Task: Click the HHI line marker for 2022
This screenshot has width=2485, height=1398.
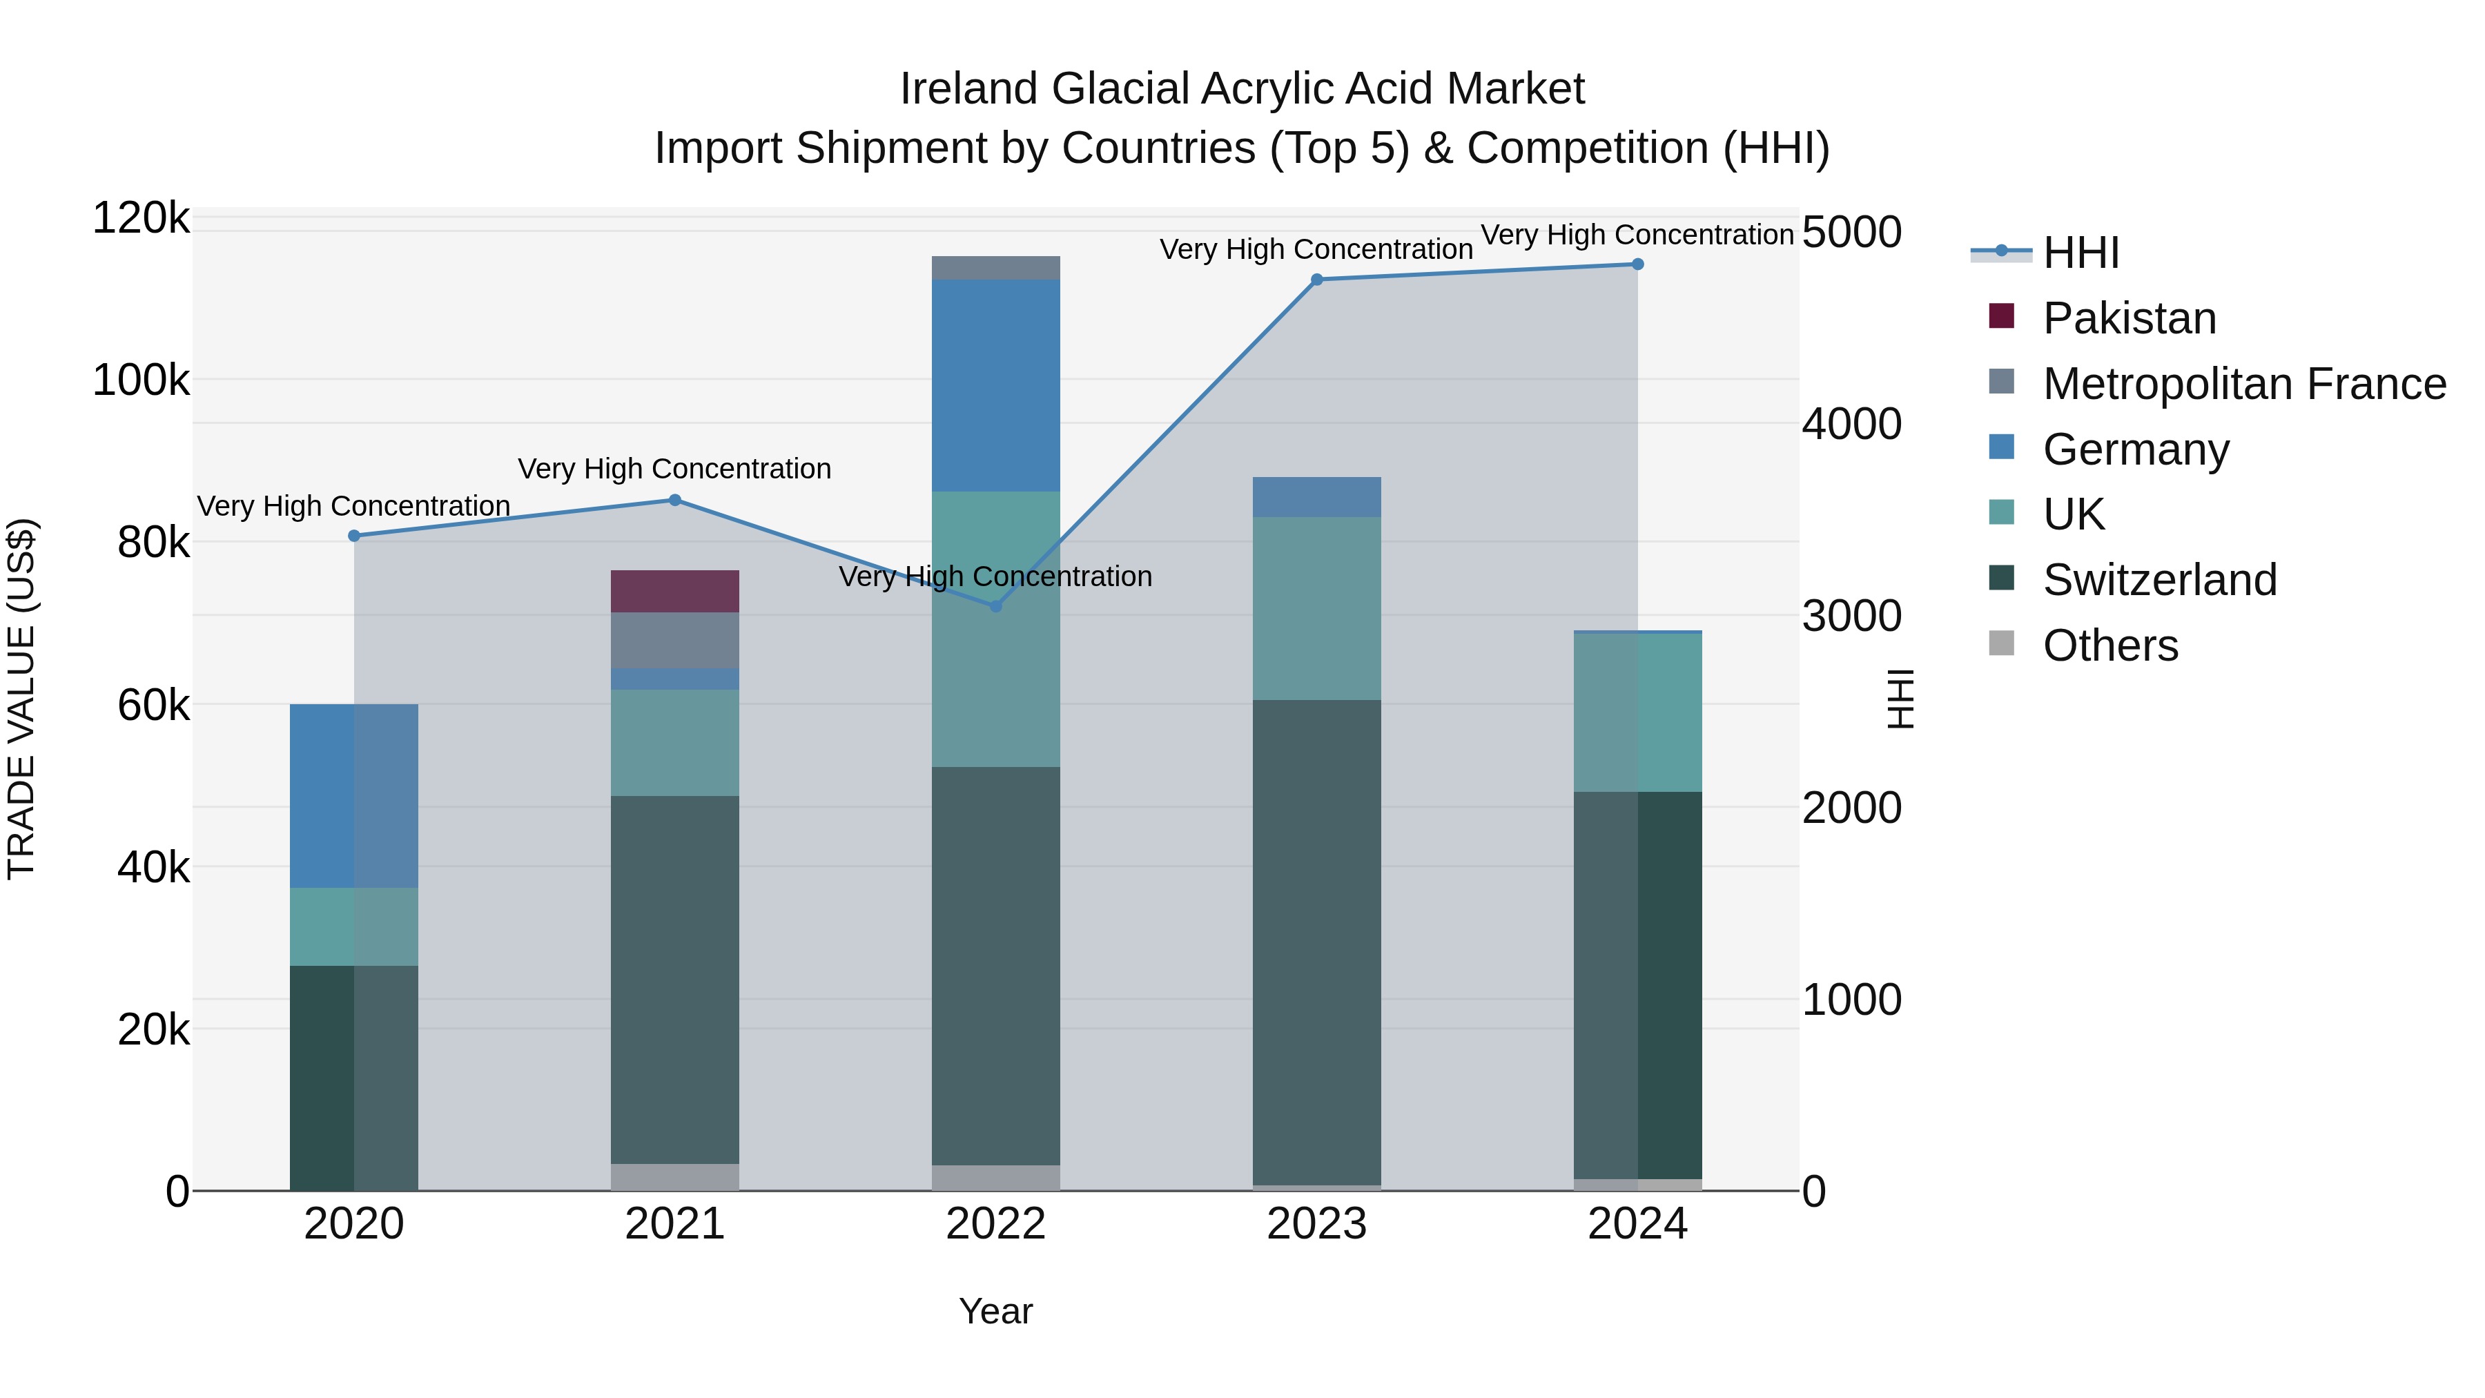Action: coord(995,606)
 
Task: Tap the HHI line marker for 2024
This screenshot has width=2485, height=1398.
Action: coord(1637,264)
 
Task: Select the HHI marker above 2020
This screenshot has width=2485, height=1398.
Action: coord(354,536)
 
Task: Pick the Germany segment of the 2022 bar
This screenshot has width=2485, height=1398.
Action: coord(995,385)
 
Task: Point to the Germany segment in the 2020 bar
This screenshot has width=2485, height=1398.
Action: coord(354,795)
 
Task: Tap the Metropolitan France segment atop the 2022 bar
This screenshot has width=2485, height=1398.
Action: coord(995,269)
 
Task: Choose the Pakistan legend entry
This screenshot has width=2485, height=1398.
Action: coord(2129,318)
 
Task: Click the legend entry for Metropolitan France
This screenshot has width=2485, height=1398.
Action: coord(2244,384)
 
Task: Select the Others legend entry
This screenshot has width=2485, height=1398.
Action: coord(2109,645)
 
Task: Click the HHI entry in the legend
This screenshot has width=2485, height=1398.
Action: coord(2080,253)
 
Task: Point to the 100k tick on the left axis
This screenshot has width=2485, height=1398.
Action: coord(141,381)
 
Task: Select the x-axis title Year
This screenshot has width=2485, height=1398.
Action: coord(995,1311)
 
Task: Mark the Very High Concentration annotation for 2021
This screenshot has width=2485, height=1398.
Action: coord(674,469)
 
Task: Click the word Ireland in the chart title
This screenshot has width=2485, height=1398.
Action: coord(970,89)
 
